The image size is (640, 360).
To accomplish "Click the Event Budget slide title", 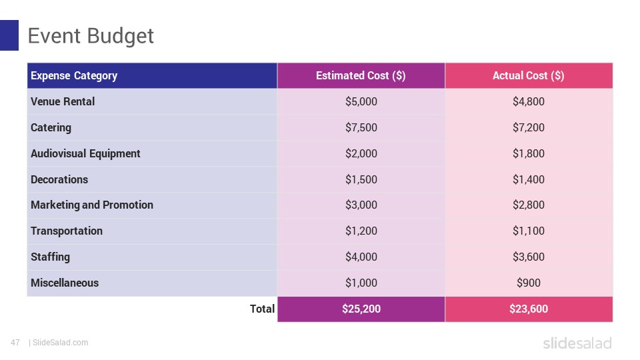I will coord(91,36).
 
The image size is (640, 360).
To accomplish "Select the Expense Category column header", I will coord(74,75).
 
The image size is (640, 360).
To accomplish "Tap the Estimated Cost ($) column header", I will coord(361,75).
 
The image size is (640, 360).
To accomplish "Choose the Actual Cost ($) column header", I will coord(528,75).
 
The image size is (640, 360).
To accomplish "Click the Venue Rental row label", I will coord(63,101).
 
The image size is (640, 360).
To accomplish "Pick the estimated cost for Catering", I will coord(361,127).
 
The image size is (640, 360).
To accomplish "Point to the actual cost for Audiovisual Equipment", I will coord(528,153).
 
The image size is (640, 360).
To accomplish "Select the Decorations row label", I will coord(59,179).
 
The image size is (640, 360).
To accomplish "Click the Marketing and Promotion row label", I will coord(92,205).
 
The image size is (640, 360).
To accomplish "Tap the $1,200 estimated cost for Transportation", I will coord(361,231).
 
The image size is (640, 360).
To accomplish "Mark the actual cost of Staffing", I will coord(528,257).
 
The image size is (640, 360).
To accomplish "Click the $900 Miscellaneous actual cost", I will coord(528,283).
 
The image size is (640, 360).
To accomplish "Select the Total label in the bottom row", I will coord(262,309).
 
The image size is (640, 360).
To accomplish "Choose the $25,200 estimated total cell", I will coord(361,309).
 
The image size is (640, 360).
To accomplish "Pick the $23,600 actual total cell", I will coord(528,309).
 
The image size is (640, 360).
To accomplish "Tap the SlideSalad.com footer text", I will coord(60,343).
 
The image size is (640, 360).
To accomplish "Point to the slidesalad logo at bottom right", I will coord(577,343).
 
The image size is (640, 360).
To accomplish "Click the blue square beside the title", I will coord(9,35).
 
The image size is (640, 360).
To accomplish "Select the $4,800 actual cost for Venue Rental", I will coord(528,101).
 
